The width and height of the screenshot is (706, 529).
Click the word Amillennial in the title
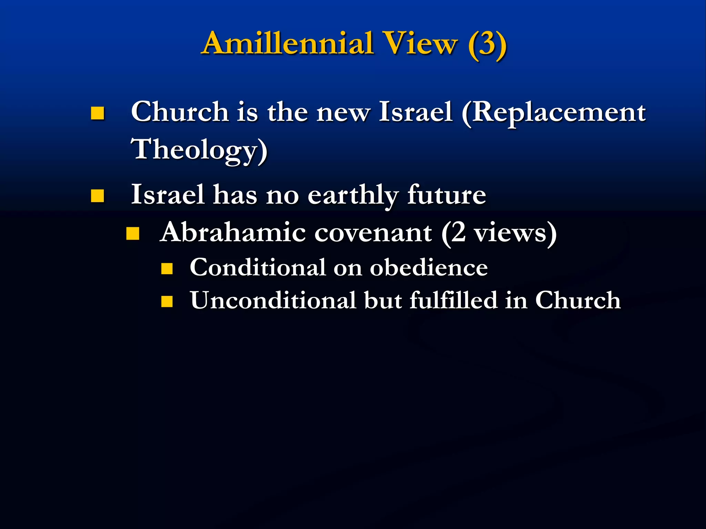point(288,44)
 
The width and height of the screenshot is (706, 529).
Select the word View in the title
point(421,44)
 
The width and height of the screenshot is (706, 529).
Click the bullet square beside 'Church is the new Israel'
point(98,113)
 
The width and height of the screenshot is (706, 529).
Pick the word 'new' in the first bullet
point(343,113)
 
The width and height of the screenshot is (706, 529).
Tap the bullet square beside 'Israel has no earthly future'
point(98,196)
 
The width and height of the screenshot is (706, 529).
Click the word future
point(447,195)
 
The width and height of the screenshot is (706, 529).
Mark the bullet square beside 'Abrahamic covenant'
point(133,234)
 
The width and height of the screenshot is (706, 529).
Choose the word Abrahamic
point(233,232)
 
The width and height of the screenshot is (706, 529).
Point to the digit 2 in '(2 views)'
point(458,232)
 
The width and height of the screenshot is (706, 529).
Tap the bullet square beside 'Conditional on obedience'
point(167,268)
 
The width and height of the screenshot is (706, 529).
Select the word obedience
point(429,268)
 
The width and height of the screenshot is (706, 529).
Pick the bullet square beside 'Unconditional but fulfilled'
point(167,301)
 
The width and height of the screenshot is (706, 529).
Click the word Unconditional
point(273,300)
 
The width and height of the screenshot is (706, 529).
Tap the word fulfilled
point(454,300)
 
